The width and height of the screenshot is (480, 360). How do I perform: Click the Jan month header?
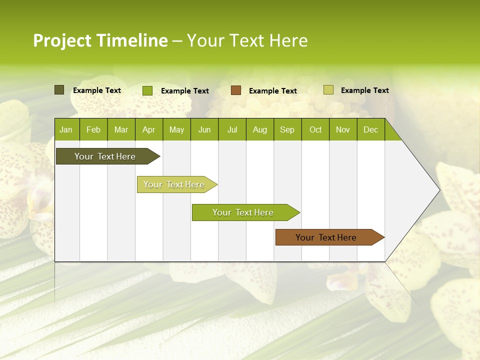click(66, 129)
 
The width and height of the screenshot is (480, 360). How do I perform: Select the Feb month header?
click(93, 129)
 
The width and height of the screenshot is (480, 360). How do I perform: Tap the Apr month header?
click(148, 129)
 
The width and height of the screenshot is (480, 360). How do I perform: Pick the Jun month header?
click(204, 129)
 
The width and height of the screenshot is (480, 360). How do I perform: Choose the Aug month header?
click(260, 129)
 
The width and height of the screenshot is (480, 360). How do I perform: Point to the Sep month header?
click(287, 129)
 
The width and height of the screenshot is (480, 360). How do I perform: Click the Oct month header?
click(315, 129)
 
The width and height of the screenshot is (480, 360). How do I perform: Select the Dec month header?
click(370, 129)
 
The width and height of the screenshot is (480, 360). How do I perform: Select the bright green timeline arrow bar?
click(243, 212)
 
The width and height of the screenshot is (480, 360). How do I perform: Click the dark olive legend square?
click(59, 90)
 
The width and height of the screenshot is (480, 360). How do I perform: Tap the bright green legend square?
click(147, 90)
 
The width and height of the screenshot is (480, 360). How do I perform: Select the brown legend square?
click(236, 90)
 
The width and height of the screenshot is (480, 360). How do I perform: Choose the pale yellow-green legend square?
click(328, 90)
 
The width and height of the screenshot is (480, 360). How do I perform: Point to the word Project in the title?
click(62, 40)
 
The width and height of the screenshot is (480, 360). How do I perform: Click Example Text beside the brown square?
click(273, 91)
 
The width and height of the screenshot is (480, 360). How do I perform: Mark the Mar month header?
click(121, 129)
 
